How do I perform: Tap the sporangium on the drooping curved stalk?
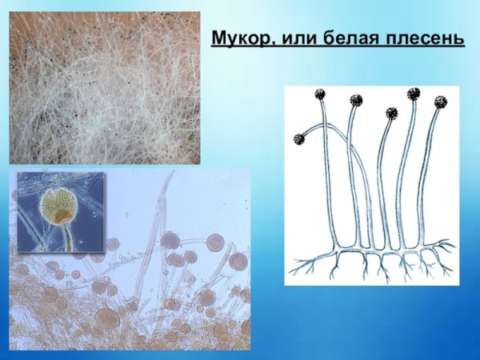(x=299, y=139)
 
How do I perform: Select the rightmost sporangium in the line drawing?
(x=440, y=102)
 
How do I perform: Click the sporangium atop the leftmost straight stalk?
(x=321, y=95)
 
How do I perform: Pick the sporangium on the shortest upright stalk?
(x=391, y=114)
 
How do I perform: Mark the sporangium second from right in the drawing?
(x=414, y=94)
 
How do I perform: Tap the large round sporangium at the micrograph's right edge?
(x=238, y=261)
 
